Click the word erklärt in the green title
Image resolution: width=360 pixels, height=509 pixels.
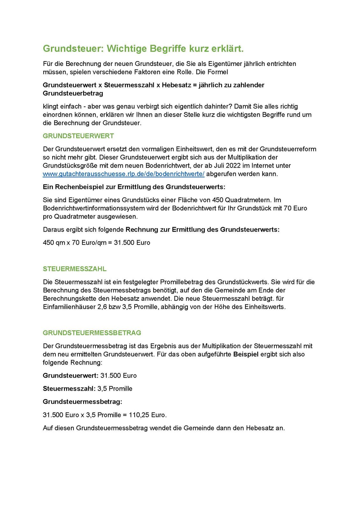227,49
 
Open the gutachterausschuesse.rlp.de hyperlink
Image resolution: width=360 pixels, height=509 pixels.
124,174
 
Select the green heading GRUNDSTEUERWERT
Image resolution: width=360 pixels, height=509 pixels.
78,136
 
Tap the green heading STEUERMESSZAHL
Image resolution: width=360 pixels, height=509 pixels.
74,269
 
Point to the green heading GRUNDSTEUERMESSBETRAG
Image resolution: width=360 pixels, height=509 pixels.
92,333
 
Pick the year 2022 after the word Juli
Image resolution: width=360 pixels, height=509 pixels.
233,166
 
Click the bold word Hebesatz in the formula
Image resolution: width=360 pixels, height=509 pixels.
176,85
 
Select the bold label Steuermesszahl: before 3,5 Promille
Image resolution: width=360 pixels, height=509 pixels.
69,388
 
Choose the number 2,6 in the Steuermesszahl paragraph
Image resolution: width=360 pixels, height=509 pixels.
102,307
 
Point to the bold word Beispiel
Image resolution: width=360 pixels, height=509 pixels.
246,354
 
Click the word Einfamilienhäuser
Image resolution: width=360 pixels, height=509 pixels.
69,307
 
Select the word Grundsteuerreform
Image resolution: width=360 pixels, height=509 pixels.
288,149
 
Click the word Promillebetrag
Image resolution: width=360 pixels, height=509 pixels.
187,282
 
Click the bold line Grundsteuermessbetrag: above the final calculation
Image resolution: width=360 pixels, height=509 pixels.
82,402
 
